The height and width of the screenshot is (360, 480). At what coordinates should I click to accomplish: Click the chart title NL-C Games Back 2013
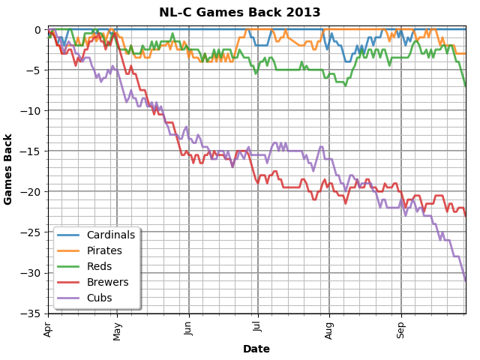239,13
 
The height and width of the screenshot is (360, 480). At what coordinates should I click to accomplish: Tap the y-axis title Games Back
8,169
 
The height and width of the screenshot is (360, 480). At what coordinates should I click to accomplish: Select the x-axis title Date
256,349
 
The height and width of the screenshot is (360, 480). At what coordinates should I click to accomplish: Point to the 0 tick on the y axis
37,30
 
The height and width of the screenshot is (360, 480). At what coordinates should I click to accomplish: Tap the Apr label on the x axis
49,328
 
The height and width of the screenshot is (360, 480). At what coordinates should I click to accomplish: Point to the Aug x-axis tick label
329,328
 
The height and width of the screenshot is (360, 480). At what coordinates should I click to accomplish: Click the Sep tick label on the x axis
401,328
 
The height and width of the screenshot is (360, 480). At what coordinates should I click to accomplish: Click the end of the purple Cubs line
465,281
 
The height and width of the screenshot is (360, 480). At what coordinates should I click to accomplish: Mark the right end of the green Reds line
465,86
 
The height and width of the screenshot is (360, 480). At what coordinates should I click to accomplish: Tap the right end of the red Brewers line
465,216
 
